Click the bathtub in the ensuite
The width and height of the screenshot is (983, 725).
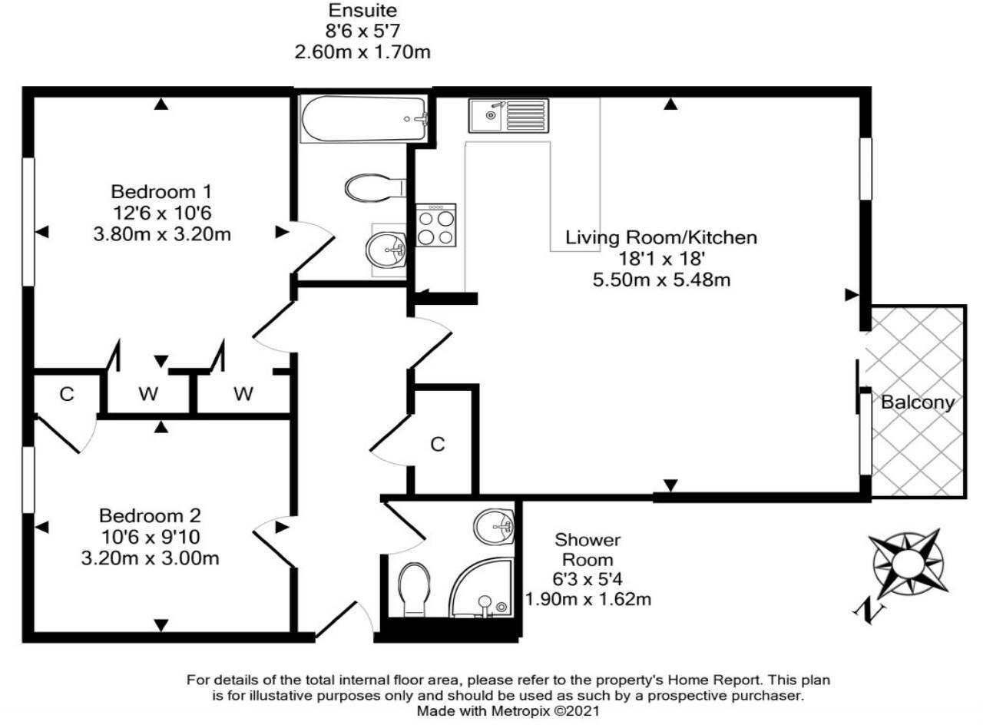point(364,118)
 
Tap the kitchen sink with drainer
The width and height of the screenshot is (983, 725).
point(508,115)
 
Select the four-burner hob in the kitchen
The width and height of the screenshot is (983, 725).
point(435,225)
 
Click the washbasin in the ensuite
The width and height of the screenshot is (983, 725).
point(386,250)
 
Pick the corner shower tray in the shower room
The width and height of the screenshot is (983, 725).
point(482,588)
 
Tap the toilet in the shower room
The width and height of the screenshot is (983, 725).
point(413,589)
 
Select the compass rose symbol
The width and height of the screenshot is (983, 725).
point(907,564)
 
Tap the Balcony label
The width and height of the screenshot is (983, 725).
point(918,402)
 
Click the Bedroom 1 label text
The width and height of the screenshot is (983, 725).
point(161,192)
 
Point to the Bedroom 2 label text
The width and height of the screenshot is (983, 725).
point(150,515)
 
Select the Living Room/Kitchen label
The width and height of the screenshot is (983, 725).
point(661,237)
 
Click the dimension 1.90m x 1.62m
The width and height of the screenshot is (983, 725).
point(588,599)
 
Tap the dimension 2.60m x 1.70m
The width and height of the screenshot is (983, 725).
point(362,52)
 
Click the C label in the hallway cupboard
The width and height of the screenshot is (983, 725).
point(438,445)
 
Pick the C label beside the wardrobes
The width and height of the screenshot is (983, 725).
point(67,394)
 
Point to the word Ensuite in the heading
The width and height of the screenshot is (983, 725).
point(363,10)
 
